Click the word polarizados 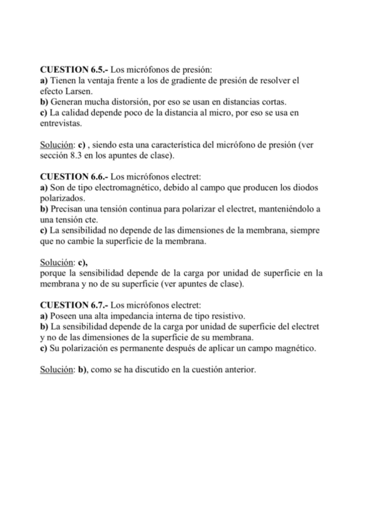tap(63, 198)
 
